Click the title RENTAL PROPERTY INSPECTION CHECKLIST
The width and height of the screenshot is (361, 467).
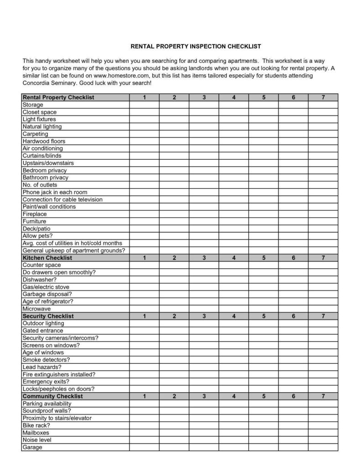[x=195, y=47]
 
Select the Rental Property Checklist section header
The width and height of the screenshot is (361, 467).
[x=58, y=98]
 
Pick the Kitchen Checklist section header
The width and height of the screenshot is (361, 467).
[x=47, y=258]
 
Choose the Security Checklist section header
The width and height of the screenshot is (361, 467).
[x=48, y=316]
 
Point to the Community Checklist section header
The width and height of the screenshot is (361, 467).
[x=52, y=396]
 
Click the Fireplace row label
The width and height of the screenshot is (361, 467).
[x=35, y=214]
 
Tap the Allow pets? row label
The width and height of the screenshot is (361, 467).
[x=37, y=236]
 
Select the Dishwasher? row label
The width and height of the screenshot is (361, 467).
[x=40, y=280]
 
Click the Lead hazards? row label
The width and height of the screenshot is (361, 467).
[x=42, y=367]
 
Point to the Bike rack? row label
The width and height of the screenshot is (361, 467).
[x=36, y=425]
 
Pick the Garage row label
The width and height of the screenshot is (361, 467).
[x=32, y=447]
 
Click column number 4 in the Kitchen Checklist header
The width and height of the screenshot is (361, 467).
[x=234, y=258]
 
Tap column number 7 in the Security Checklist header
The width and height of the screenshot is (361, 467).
[x=323, y=316]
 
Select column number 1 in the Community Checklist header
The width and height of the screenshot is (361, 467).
[x=144, y=396]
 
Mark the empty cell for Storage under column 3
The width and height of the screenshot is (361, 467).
[x=204, y=105]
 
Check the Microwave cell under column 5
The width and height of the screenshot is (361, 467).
[x=263, y=309]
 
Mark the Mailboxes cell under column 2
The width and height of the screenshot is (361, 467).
[x=174, y=433]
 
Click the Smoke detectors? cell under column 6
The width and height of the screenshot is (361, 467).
[x=293, y=360]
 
